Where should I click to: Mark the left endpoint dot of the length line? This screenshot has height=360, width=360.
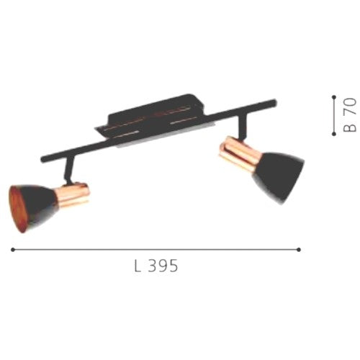(x=13, y=249)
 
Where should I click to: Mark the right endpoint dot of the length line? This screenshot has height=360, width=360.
(x=300, y=249)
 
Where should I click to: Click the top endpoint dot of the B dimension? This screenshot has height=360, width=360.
(x=334, y=96)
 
